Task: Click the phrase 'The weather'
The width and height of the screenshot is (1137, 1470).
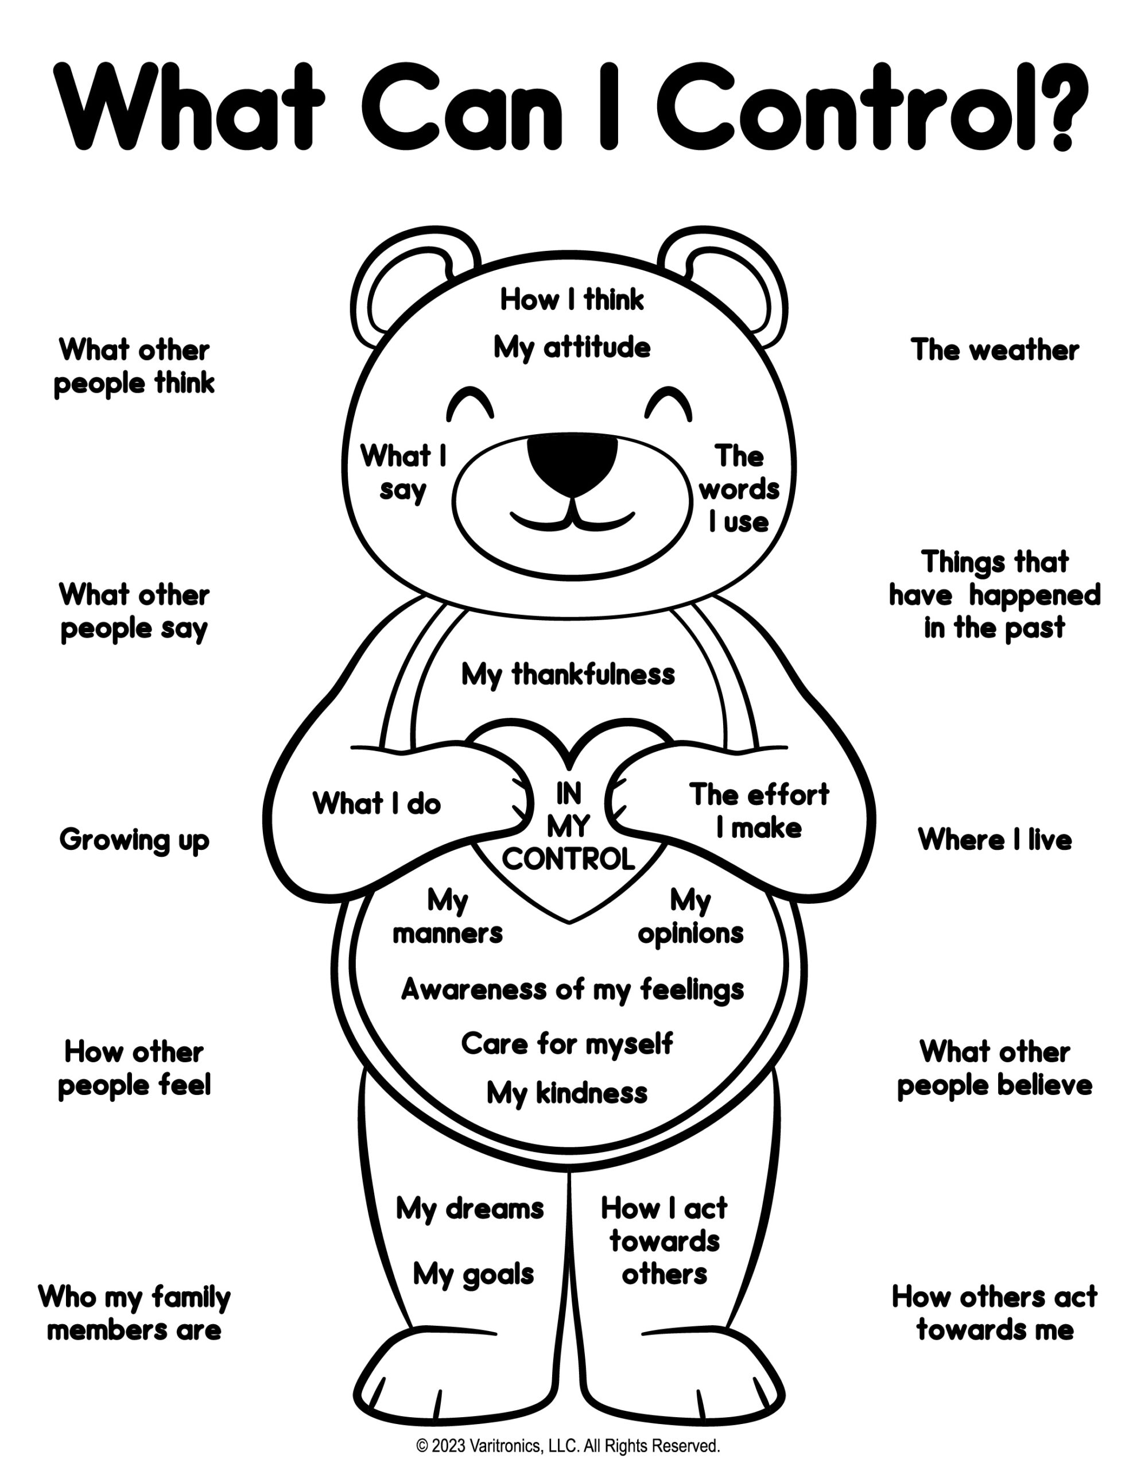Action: tap(994, 351)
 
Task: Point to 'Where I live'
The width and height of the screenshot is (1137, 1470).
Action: tap(994, 840)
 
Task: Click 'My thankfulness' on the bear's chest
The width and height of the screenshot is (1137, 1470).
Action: tap(568, 675)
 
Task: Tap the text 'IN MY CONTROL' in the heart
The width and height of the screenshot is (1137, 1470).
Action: tap(568, 826)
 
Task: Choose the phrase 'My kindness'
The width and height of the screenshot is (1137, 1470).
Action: tap(567, 1093)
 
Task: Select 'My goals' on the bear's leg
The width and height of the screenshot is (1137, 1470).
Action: tap(474, 1275)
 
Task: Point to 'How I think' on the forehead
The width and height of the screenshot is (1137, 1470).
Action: tap(572, 300)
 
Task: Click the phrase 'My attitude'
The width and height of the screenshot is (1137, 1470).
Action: tap(572, 348)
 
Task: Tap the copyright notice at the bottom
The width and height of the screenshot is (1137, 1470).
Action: tap(568, 1446)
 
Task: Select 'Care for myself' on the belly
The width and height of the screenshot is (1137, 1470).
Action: tap(567, 1044)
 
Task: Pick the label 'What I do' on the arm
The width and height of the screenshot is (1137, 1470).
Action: tap(377, 804)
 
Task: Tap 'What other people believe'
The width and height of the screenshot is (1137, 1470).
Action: tap(994, 1068)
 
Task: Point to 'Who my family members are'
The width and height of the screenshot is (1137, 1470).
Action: tap(134, 1313)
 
